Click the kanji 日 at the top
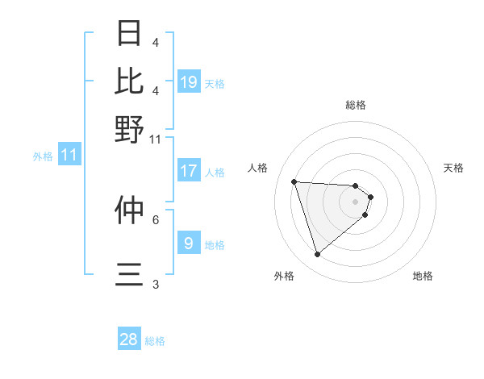pyautogui.click(x=130, y=33)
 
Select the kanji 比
pyautogui.click(x=130, y=80)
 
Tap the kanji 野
pyautogui.click(x=130, y=128)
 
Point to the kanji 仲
pyautogui.click(x=130, y=210)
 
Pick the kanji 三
pyautogui.click(x=130, y=275)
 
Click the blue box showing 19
pyautogui.click(x=189, y=81)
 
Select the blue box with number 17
pyautogui.click(x=189, y=171)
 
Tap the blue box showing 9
pyautogui.click(x=188, y=243)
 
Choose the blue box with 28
pyautogui.click(x=129, y=339)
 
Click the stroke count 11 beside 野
pyautogui.click(x=156, y=139)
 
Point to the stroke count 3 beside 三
pyautogui.click(x=156, y=284)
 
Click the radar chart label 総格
pyautogui.click(x=356, y=105)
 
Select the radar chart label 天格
pyautogui.click(x=454, y=168)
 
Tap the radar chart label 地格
pyautogui.click(x=423, y=276)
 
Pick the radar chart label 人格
pyautogui.click(x=258, y=168)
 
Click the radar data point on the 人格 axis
pyautogui.click(x=294, y=181)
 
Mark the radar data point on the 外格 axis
pyautogui.click(x=317, y=255)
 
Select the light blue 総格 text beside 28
pyautogui.click(x=156, y=341)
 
